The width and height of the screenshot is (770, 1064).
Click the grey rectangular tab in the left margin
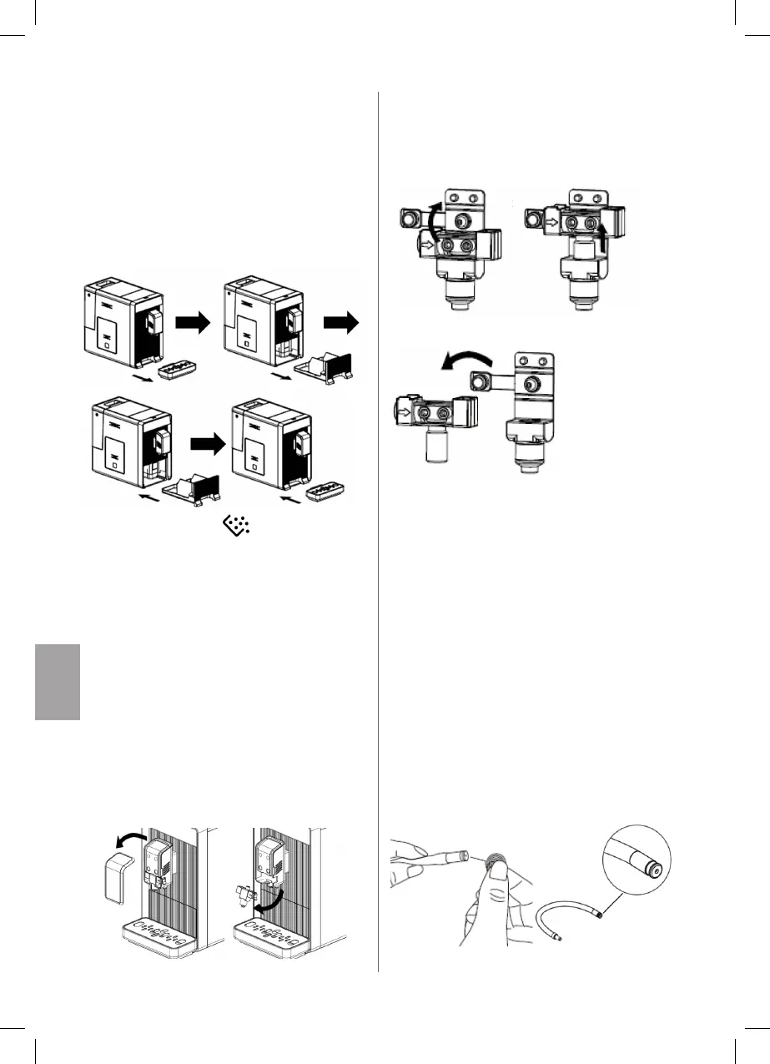coord(58,681)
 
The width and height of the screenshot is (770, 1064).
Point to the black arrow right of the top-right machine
coord(343,320)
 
